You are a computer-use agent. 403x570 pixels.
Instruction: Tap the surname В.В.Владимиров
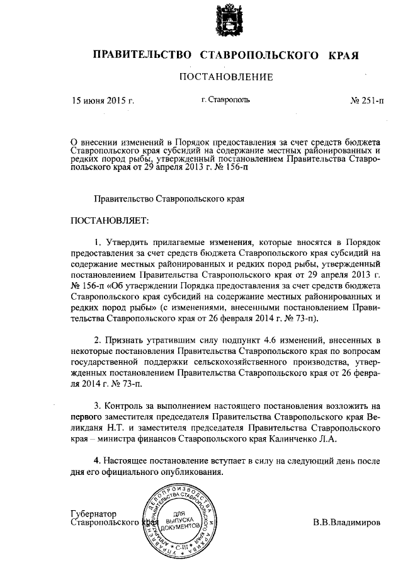[347, 523]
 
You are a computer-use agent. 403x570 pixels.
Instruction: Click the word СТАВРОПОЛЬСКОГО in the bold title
[259, 55]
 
